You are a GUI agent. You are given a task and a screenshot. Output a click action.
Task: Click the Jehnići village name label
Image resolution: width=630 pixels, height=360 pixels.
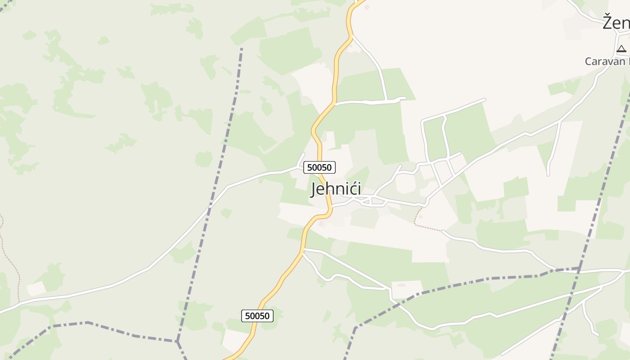tap(336, 189)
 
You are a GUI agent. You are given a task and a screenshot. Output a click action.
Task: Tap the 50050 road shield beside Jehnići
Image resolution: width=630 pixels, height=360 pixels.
tap(319, 167)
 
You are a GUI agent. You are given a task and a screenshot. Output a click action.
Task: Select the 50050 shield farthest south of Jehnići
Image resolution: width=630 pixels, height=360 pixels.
tap(257, 316)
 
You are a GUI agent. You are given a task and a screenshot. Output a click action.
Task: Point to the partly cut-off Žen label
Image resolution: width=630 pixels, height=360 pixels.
tap(616, 22)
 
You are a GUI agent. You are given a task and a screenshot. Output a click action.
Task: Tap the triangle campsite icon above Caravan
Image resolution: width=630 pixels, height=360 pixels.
tap(621, 49)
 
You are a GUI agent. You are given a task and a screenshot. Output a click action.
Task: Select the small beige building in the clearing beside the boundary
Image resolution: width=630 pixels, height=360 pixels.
tap(401, 285)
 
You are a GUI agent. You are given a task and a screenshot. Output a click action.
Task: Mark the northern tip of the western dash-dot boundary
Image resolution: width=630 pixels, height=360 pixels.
tap(242, 49)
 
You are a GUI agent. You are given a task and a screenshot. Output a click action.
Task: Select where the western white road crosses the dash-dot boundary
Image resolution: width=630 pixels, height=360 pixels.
tap(210, 208)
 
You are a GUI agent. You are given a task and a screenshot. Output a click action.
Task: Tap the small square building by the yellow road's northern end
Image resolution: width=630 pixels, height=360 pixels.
tap(367, 7)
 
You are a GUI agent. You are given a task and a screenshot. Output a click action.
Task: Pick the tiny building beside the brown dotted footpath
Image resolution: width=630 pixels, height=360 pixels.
tap(420, 216)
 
